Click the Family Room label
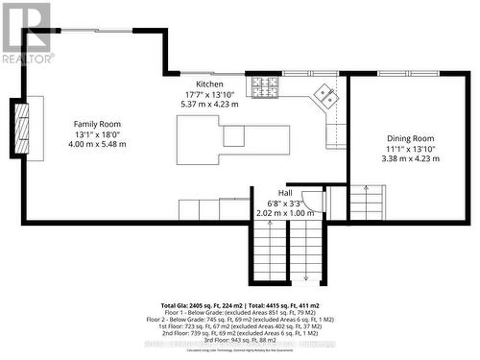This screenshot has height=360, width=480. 97,124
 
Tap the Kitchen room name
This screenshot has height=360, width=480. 209,84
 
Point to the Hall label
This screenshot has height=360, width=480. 285,193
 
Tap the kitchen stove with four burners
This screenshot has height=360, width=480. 264,88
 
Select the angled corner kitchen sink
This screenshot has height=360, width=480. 325,94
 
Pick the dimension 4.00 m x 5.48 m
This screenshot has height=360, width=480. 97,144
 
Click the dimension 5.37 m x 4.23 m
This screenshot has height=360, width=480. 209,104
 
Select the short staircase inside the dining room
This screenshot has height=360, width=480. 366,204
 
